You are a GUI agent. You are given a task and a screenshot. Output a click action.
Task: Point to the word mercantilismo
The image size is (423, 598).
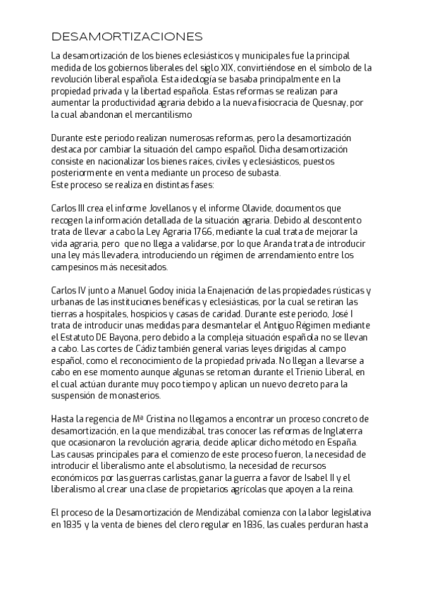[x=157, y=115]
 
